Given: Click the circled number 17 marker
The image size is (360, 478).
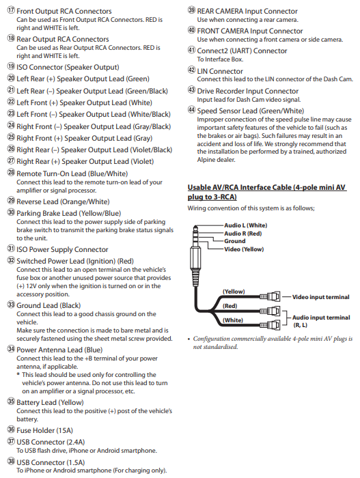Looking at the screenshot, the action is click(x=11, y=10).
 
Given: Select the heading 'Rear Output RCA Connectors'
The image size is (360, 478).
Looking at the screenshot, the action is click(x=63, y=40).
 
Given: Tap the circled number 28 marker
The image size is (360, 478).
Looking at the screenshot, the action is click(x=11, y=173).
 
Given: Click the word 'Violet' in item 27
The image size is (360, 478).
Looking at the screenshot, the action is click(x=142, y=162).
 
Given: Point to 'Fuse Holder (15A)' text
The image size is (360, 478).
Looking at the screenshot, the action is click(x=44, y=430).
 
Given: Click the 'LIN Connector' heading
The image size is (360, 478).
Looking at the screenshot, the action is click(x=220, y=71).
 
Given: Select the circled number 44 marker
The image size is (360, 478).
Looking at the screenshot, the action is click(x=191, y=110).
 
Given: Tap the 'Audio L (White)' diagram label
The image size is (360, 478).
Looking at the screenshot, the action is click(x=246, y=225).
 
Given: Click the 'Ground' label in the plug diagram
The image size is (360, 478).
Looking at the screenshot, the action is click(x=234, y=241).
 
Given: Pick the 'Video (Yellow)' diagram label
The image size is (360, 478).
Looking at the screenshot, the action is click(x=244, y=249).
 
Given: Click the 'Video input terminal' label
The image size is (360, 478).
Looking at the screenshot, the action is click(x=320, y=297).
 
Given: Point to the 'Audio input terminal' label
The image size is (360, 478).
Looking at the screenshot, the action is click(x=321, y=318).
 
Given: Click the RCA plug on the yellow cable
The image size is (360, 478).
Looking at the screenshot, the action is click(x=270, y=296).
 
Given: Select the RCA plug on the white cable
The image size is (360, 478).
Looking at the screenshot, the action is click(x=270, y=325).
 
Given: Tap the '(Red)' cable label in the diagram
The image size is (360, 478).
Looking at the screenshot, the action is click(x=230, y=306).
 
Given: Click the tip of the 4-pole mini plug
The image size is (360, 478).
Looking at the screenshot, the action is click(x=195, y=226).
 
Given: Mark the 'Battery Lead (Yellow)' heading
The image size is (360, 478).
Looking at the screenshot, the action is click(x=50, y=403).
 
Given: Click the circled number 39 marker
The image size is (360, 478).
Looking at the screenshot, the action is click(x=191, y=10).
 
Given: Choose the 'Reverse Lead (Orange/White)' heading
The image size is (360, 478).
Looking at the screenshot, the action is click(x=63, y=202).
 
